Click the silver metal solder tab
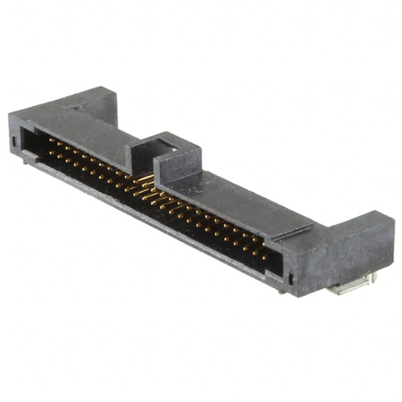349,288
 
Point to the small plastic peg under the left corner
28,161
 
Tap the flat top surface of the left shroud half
82,129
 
